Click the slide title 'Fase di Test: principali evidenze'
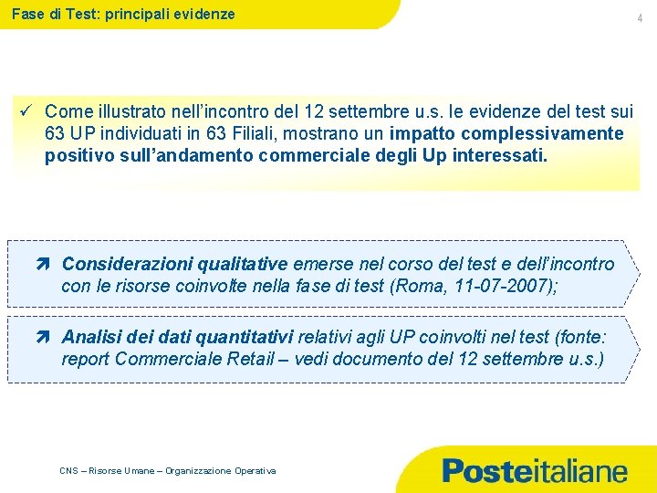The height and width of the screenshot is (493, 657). (123, 14)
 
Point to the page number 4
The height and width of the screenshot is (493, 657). (641, 18)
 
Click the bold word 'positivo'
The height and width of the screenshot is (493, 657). (76, 156)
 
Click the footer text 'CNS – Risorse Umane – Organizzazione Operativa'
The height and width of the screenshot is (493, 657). (167, 470)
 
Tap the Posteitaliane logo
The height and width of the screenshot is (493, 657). (535, 471)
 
